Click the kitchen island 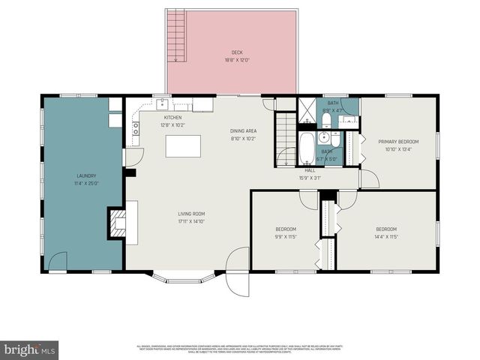tap(183, 145)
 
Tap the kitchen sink tap(161, 105)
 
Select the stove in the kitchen tap(136, 128)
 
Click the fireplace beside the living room tap(118, 222)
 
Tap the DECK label tap(236, 53)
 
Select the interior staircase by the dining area tap(286, 139)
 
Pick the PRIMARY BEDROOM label tap(397, 141)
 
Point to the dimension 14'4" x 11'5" tap(385, 236)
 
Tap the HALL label tap(309, 170)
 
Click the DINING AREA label tap(243, 131)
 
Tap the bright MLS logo tap(29, 349)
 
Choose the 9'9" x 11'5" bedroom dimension tap(285, 236)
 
